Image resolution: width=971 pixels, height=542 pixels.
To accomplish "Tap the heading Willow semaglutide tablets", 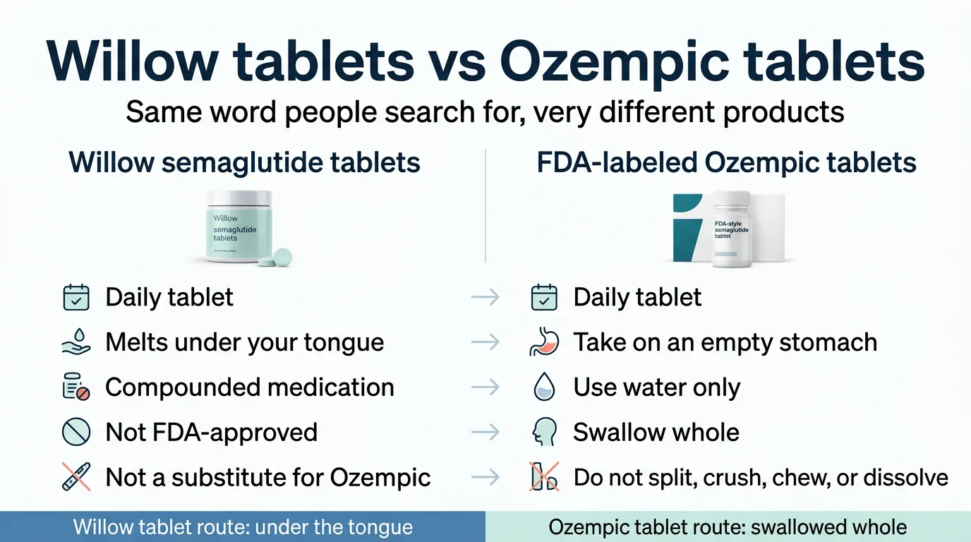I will pos(244,163).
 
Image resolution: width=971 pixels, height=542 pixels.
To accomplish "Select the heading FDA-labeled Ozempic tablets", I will pos(726,163).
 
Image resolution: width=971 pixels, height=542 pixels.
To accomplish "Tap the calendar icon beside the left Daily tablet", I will pos(76,297).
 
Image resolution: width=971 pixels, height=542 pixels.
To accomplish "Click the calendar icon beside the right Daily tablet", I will pos(544,297).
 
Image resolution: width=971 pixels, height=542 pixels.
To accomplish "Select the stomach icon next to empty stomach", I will pos(544,342).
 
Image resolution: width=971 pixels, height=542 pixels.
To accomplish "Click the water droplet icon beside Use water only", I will pos(544,387).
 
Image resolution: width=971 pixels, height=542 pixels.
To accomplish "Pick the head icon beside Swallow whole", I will pos(544,433).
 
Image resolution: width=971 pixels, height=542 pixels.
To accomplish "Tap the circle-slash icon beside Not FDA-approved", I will pos(76,433).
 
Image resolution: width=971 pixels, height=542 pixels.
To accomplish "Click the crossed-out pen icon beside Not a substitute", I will pos(76,477).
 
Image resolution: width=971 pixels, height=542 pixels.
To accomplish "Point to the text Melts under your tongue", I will pos(244,342).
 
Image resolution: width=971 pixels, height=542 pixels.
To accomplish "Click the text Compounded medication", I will pos(249,387).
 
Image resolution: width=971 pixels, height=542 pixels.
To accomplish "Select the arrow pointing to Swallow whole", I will pos(485,433).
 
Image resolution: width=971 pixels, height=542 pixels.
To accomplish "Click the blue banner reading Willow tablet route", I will pos(243,527).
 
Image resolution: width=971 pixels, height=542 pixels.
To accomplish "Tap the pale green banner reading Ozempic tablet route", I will pos(728,527).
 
